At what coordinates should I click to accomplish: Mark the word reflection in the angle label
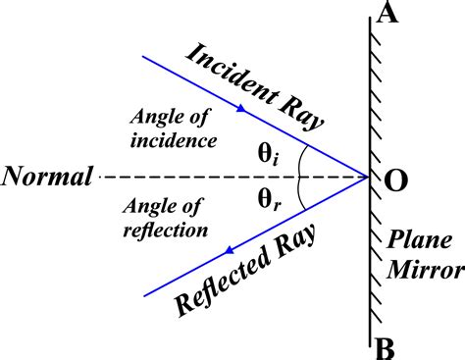pos(168,231)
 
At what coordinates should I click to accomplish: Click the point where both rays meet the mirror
pos(369,178)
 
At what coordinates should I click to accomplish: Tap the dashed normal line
pos(196,178)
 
